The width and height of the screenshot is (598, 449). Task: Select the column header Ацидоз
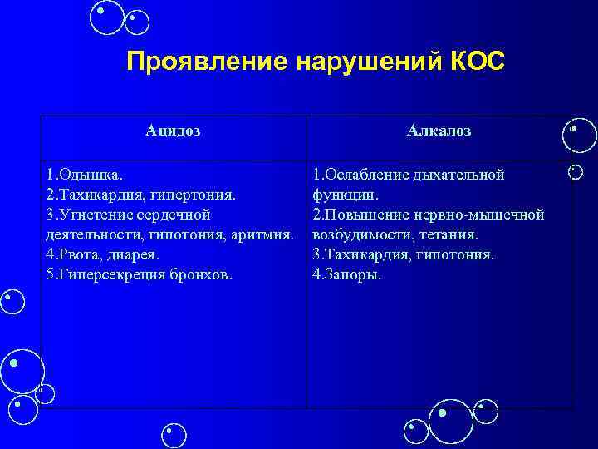coord(173,131)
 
